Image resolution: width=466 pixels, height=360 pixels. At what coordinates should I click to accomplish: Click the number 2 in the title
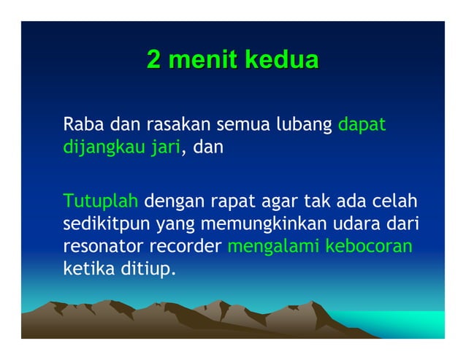[154, 59]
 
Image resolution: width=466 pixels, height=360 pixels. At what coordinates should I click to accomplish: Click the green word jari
[165, 148]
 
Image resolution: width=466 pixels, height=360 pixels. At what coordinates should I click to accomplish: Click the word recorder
[188, 247]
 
